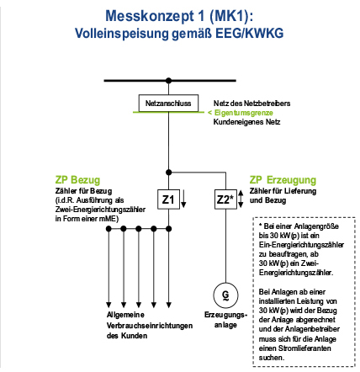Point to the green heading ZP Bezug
coord(77,180)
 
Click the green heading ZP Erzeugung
coord(283,180)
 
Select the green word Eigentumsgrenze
coord(244,113)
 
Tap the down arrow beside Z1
coord(183,199)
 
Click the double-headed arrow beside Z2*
coord(241,199)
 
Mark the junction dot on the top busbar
coord(168,81)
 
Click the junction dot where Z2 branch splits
coord(168,173)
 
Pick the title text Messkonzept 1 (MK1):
coord(179,16)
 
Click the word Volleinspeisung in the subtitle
coord(121,34)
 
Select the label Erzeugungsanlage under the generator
coord(225,320)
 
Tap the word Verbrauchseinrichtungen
coord(150,326)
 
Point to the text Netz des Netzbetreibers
coord(251,104)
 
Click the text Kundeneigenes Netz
coord(246,122)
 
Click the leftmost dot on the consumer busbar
coord(109,229)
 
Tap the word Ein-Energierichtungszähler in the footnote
coord(301,245)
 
